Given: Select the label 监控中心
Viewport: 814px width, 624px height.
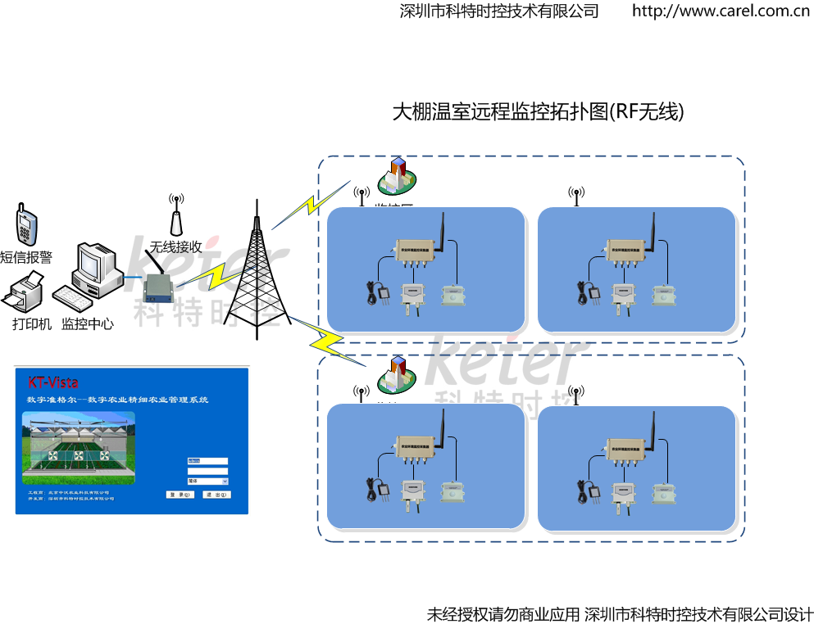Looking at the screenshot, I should pyautogui.click(x=88, y=323).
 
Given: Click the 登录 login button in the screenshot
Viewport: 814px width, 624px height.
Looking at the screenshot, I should pyautogui.click(x=178, y=495).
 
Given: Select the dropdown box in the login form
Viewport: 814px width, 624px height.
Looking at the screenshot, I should pyautogui.click(x=207, y=482).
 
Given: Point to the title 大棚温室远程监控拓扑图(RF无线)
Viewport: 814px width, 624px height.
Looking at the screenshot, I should pyautogui.click(x=538, y=111).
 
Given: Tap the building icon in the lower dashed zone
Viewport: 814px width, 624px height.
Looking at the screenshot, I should pyautogui.click(x=397, y=374).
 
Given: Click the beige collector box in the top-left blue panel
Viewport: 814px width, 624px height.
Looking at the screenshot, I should pyautogui.click(x=414, y=250).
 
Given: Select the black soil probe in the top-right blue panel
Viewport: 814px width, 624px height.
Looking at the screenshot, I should pyautogui.click(x=592, y=292).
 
